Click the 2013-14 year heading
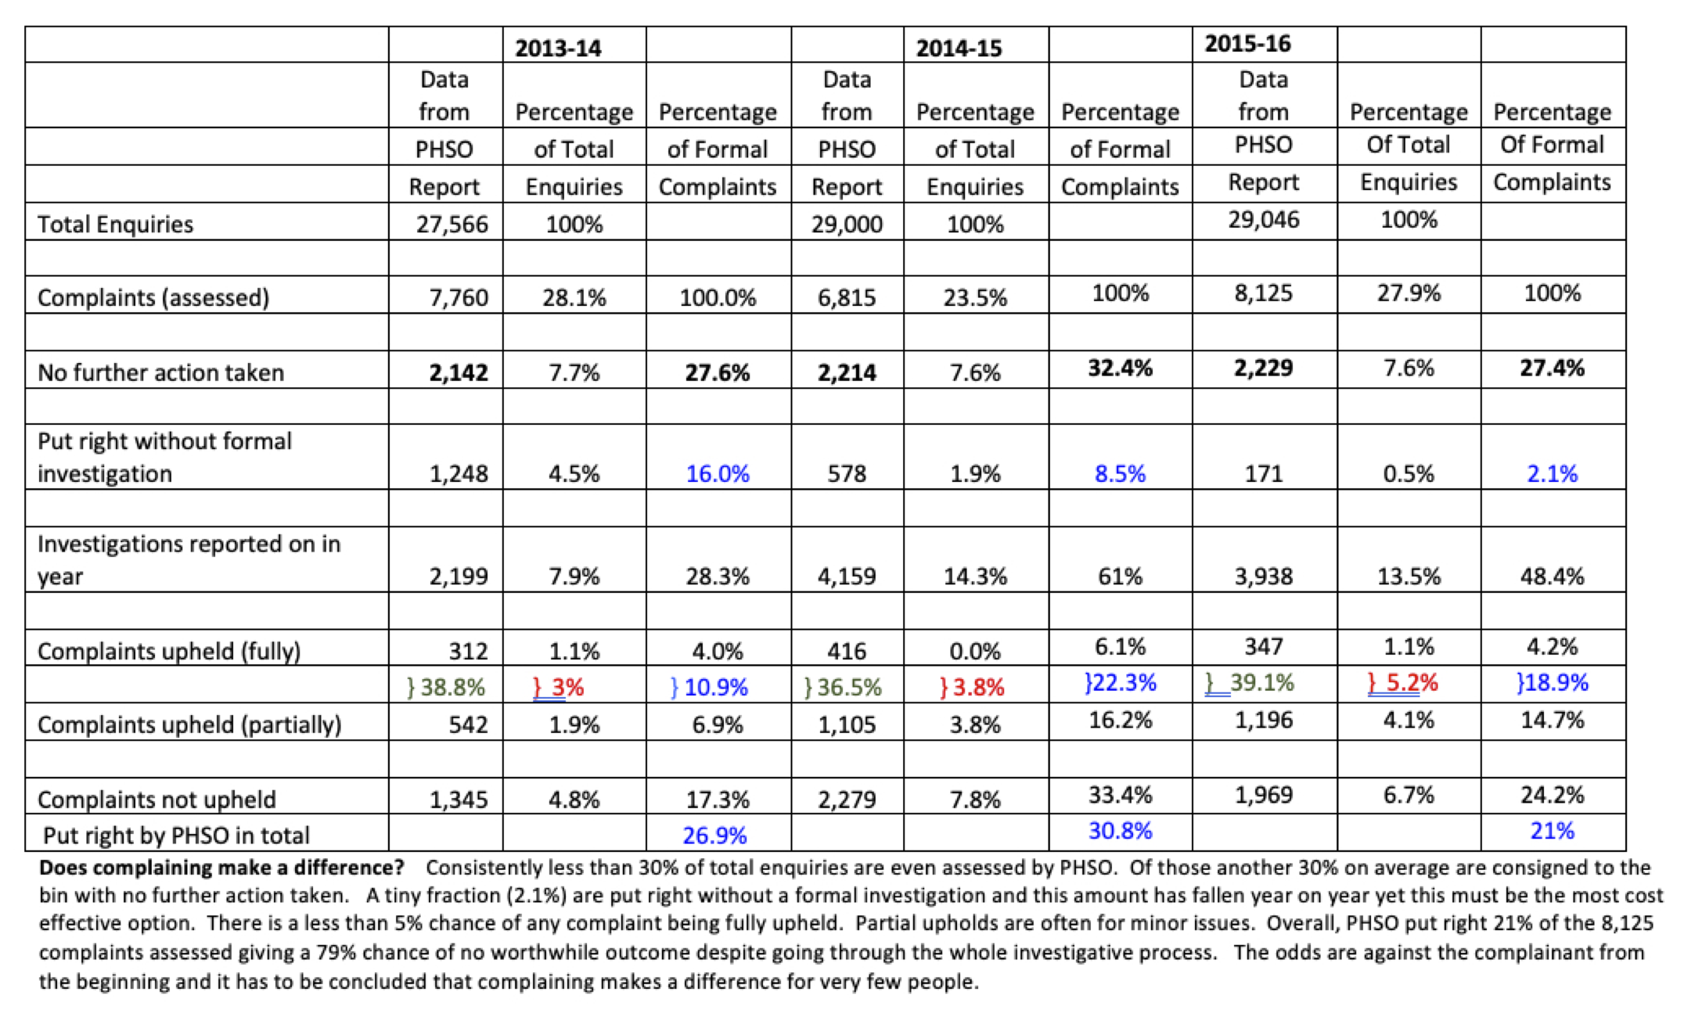(558, 48)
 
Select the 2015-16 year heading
(1247, 44)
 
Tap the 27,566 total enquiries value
(452, 225)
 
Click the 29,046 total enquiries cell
(1263, 220)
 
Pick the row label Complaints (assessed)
(153, 298)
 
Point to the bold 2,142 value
(458, 372)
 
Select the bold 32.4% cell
(1120, 368)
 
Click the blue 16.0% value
(717, 474)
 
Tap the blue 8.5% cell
(1120, 474)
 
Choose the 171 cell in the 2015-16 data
(1263, 474)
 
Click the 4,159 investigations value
(847, 577)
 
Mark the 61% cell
(1120, 577)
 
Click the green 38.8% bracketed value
(446, 688)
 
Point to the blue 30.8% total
(1120, 831)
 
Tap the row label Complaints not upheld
(157, 800)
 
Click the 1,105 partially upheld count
(847, 725)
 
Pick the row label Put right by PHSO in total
(176, 836)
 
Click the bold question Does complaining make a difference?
(221, 868)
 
